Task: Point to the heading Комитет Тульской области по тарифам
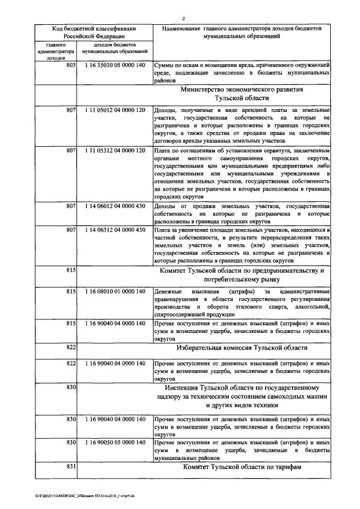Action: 242,468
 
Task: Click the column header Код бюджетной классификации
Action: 94,29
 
